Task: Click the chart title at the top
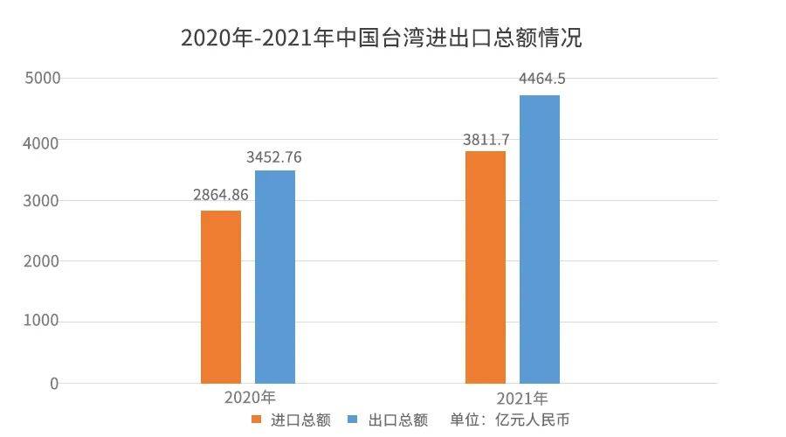point(381,38)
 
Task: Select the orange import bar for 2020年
point(221,297)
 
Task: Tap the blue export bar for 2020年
point(275,277)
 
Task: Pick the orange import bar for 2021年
point(486,267)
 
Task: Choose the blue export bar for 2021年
point(540,239)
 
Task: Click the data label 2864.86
point(221,195)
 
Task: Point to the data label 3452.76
point(273,157)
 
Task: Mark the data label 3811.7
point(486,140)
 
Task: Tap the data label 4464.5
point(541,79)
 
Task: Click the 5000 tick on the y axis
point(43,79)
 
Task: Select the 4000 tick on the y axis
point(41,143)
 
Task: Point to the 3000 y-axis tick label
point(41,201)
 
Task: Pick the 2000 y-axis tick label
point(41,261)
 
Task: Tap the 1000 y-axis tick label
point(41,321)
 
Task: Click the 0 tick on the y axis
point(54,384)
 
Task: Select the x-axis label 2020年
point(250,398)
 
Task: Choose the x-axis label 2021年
point(522,399)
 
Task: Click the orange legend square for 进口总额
point(257,420)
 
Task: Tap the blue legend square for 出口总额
point(353,419)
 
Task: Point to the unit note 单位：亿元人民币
point(509,420)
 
